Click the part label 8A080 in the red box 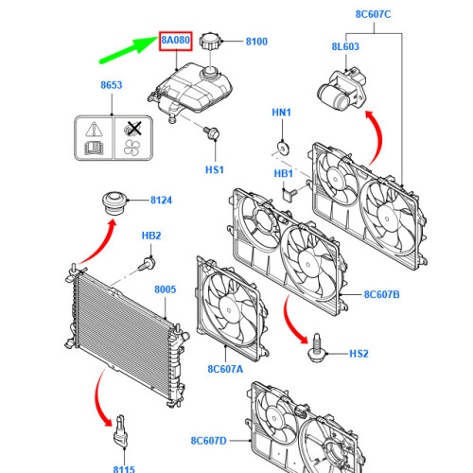coord(176,41)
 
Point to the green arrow coord(129,50)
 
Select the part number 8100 coord(256,42)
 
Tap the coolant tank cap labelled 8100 coord(211,41)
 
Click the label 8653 coord(112,85)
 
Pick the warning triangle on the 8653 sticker coord(94,130)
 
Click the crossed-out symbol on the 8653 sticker coord(133,130)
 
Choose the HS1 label coord(215,170)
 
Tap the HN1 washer coord(283,149)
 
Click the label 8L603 coord(345,46)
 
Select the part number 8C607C coord(373,14)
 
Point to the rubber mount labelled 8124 coord(114,202)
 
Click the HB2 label coord(151,236)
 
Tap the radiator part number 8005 coord(166,289)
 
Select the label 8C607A coord(225,369)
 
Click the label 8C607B coord(382,294)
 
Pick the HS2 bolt coord(317,348)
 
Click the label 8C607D coord(209,441)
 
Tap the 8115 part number coord(124,469)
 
